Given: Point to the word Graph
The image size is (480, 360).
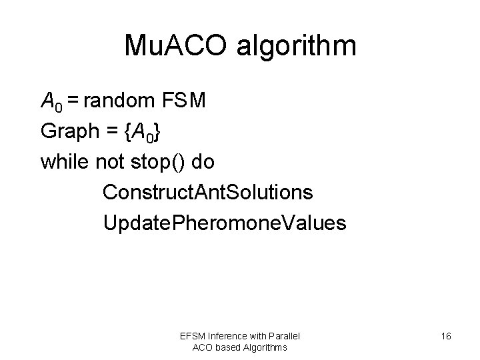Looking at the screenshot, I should tap(67, 132).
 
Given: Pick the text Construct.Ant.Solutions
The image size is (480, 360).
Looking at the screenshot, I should tap(207, 192).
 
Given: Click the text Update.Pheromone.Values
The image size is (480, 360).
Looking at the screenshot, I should tap(225, 223).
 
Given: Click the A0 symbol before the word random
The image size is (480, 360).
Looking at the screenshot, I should tap(51, 102).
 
